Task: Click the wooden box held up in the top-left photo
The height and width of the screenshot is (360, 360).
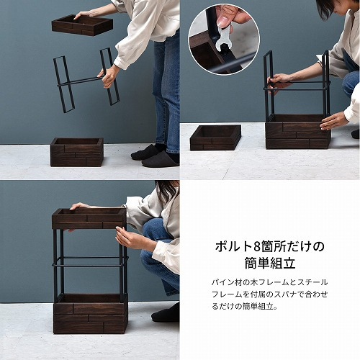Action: coord(82,25)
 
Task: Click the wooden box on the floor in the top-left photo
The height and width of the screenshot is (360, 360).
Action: coord(77,152)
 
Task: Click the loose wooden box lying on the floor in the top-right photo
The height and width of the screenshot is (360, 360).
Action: coord(215,138)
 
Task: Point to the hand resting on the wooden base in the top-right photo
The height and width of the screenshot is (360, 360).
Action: coord(333,121)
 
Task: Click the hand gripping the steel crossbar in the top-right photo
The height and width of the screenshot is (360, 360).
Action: coord(279,84)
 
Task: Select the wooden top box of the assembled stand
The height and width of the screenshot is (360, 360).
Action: coord(89,218)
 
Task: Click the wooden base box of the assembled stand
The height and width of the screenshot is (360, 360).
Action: coord(91,314)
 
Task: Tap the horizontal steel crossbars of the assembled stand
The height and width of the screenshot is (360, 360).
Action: coord(91,261)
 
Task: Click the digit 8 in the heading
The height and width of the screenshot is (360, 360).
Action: coord(256,247)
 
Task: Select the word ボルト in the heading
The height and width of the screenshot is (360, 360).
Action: coord(233,246)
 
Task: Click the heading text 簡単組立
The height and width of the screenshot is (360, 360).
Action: coord(270,264)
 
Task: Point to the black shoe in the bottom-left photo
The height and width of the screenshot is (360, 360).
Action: coord(166,313)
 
